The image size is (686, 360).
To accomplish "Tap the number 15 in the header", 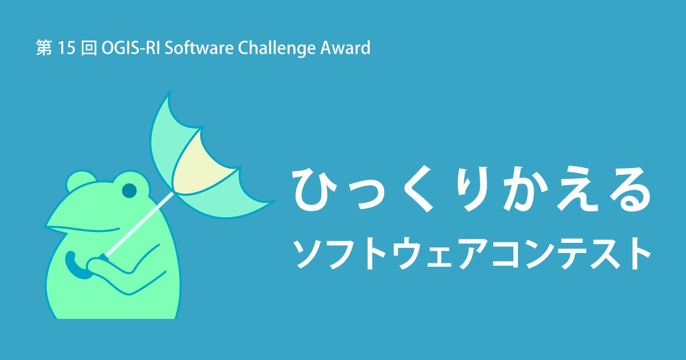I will click(67, 49).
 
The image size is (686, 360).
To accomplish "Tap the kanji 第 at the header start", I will click(43, 49).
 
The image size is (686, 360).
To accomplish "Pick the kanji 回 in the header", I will click(89, 49).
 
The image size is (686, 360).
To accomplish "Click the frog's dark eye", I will click(130, 190).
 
